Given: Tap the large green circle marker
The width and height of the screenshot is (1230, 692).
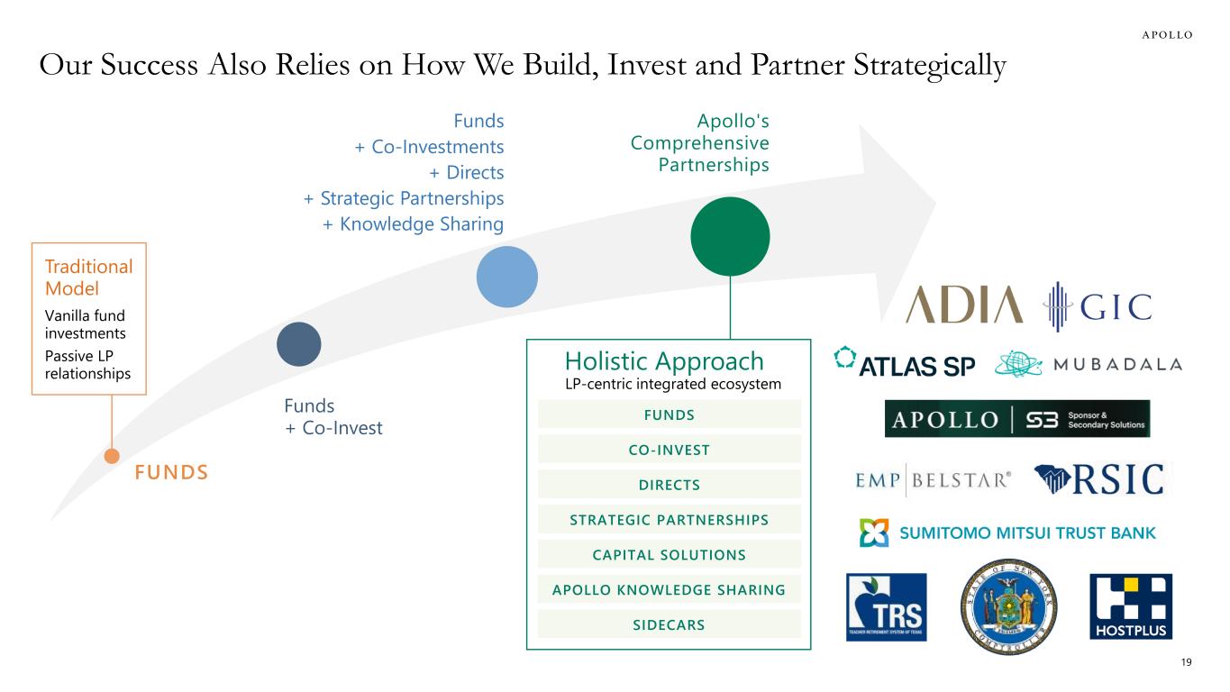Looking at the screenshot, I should point(730,236).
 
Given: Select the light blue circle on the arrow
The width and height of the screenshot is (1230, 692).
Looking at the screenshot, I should point(506,276).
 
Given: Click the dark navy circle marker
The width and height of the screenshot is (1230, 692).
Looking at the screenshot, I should point(298,343).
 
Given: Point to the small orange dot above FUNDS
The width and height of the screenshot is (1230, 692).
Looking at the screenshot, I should point(112,456).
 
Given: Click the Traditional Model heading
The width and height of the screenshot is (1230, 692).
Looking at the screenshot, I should point(88,277).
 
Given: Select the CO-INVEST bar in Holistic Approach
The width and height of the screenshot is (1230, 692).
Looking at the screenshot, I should point(669,450).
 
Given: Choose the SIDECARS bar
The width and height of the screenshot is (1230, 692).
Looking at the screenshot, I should point(669,624).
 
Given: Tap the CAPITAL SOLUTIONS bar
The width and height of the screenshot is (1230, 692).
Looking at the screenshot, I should point(669,554).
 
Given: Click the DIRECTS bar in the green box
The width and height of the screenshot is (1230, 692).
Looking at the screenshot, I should point(669,485).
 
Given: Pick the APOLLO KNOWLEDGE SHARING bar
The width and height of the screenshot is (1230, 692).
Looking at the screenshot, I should point(669,590).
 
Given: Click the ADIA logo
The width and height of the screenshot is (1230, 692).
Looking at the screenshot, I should point(964,305).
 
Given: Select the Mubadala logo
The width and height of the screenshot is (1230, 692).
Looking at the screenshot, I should point(1088,364).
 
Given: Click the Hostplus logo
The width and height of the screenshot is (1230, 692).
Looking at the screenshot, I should point(1131,606).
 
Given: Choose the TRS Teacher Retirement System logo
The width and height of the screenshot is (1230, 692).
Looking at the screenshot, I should point(886,606).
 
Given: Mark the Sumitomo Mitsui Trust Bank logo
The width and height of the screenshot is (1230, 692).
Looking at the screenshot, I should point(1007,533).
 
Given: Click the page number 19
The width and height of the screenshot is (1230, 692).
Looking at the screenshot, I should point(1186,663).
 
